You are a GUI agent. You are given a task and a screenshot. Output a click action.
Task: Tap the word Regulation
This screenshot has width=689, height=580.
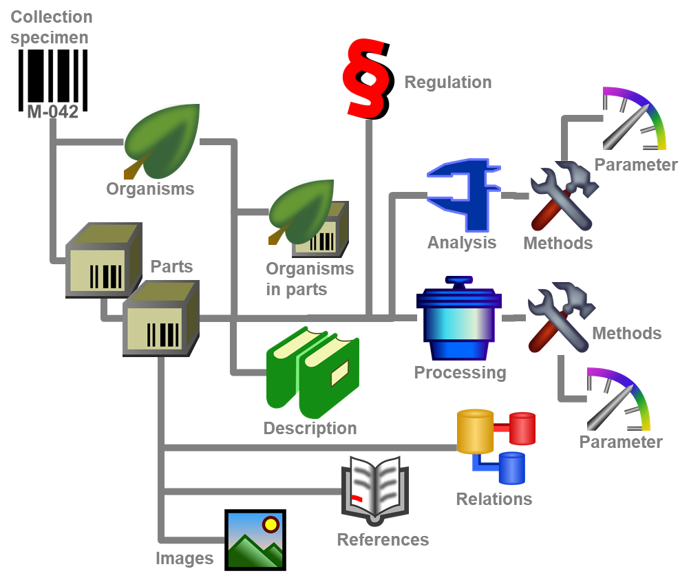[x=447, y=83]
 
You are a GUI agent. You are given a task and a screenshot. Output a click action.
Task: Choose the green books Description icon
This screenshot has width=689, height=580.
[x=313, y=372]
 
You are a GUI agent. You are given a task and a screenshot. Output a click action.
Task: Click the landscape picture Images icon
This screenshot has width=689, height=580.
[x=257, y=542]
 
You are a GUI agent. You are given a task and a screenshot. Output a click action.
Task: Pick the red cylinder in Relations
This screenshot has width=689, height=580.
[x=521, y=428]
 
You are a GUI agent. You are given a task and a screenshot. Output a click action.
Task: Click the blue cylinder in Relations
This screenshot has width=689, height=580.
[x=511, y=468]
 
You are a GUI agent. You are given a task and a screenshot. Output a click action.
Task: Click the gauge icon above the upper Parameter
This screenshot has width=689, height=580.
[x=633, y=120]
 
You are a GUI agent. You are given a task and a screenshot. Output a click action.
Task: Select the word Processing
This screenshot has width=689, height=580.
[x=460, y=373]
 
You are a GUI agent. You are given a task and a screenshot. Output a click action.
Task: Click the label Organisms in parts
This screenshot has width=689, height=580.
[x=309, y=279]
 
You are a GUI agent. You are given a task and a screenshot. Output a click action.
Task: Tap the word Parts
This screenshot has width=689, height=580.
[x=171, y=266]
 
